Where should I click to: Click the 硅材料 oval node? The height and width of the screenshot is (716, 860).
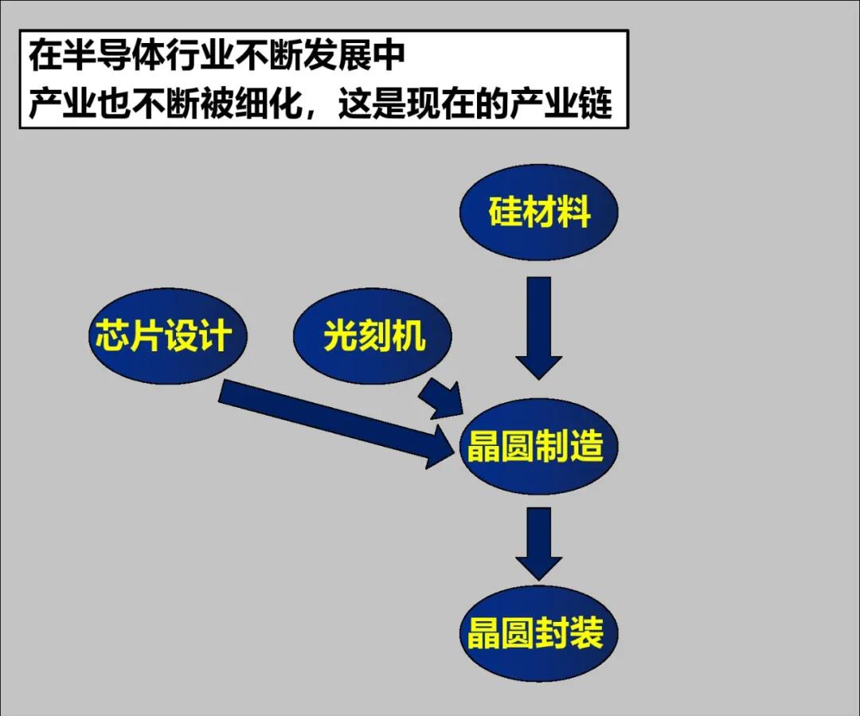coord(539,213)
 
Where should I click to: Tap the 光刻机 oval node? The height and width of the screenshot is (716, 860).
coord(373,336)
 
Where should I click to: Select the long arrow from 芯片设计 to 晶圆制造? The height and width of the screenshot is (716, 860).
coord(334,422)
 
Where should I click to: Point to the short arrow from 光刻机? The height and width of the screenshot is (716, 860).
coord(443,398)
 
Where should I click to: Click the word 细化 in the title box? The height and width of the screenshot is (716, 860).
coord(269,104)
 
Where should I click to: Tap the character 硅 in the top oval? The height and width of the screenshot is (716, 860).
coord(504,213)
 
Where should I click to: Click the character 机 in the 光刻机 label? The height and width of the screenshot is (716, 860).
coord(409,336)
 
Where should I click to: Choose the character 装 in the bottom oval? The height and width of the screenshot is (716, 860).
coord(587,634)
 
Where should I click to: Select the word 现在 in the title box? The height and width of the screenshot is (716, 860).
coord(442,104)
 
